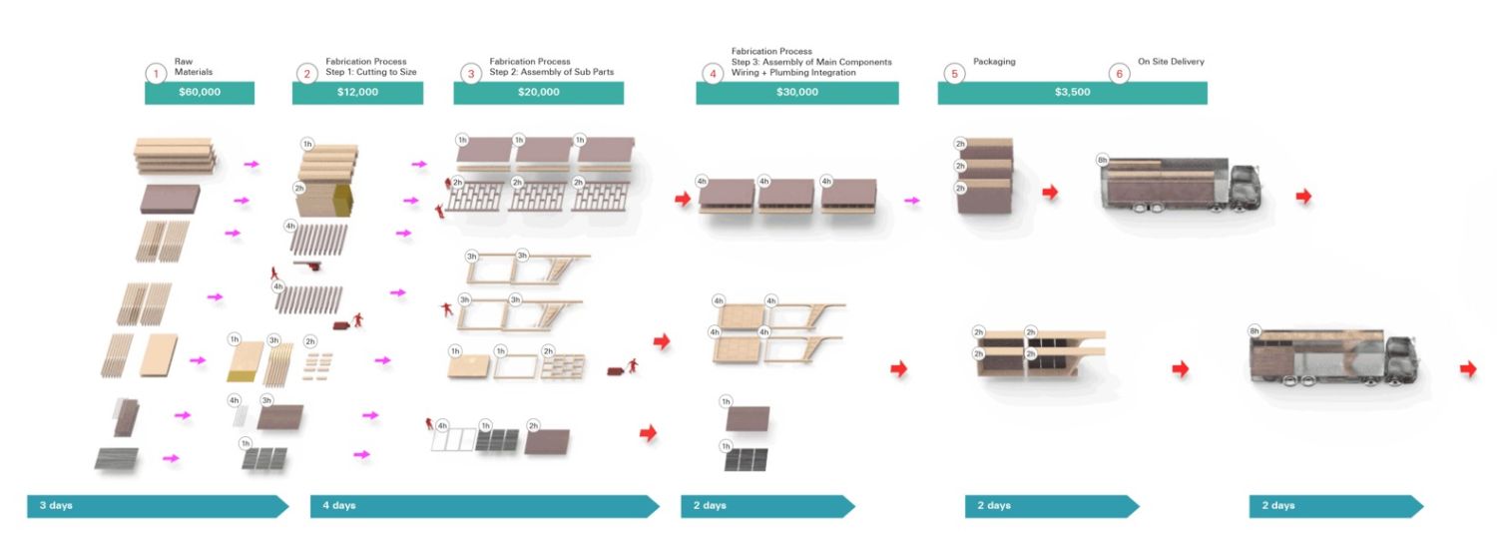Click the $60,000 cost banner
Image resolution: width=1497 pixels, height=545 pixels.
(200, 93)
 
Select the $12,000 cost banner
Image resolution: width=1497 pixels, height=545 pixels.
(357, 93)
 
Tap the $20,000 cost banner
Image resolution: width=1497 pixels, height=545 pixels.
(539, 93)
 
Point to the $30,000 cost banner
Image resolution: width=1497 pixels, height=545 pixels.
(797, 93)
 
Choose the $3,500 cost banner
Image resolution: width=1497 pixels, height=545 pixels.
(1072, 93)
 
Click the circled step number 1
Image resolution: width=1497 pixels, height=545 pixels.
(156, 74)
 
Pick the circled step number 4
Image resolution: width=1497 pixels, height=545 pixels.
(713, 74)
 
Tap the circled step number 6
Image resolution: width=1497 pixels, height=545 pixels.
(1119, 74)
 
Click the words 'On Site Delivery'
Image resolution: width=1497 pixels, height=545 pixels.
(1171, 62)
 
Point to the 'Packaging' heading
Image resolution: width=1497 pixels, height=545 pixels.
(994, 62)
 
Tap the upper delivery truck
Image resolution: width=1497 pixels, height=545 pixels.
(1180, 185)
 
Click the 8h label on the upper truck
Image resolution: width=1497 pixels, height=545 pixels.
(1102, 160)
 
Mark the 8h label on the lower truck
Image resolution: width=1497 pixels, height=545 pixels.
(1254, 331)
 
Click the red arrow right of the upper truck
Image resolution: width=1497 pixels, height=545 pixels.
(1303, 197)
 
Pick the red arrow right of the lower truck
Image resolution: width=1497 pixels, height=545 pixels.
(1467, 369)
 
